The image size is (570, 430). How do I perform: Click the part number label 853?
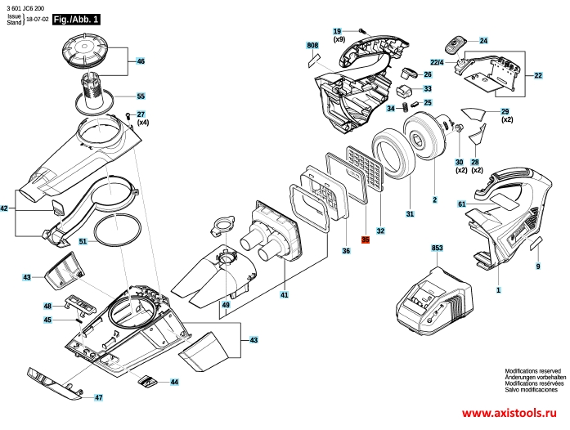point(437,247)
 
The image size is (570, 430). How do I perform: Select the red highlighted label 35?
point(366,240)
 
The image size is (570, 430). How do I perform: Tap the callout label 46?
point(140,61)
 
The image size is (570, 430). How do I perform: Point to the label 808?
point(312,46)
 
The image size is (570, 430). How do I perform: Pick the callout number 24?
point(482,40)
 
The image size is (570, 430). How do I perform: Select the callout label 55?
point(140,96)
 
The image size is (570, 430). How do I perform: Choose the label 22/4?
point(437,62)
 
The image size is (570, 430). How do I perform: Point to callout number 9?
point(538,267)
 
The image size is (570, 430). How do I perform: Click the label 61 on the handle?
point(461,204)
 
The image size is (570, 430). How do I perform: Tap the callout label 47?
point(98,397)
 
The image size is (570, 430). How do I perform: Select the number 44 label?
point(173,382)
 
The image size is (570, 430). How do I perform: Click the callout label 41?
point(284,294)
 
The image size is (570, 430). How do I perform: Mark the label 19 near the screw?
point(336,31)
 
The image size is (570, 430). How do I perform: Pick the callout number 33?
point(427,88)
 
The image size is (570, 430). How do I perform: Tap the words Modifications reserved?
point(532,370)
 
